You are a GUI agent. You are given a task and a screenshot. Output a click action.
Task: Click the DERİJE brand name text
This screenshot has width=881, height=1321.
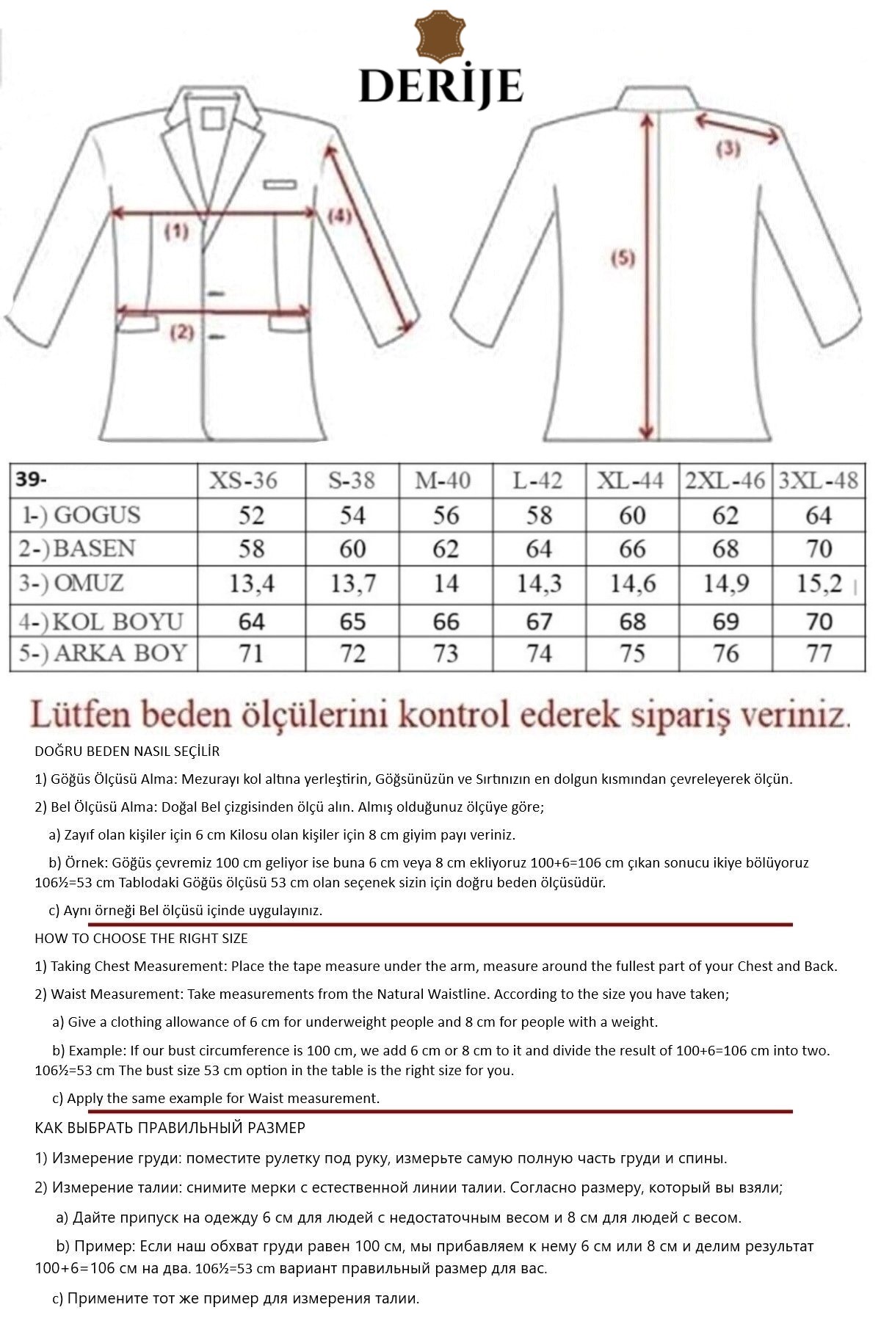click(440, 86)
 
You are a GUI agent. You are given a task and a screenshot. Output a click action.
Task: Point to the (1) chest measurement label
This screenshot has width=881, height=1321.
click(176, 233)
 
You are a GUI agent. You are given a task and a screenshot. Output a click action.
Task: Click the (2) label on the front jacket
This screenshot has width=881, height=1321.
click(182, 332)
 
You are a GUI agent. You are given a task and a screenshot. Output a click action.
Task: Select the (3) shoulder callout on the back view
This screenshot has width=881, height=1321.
click(728, 149)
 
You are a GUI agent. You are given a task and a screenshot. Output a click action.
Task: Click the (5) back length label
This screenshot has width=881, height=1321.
click(623, 258)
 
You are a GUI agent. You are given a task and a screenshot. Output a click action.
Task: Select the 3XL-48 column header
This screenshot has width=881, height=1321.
click(818, 481)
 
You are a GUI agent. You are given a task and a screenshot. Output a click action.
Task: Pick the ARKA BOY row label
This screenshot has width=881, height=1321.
click(103, 653)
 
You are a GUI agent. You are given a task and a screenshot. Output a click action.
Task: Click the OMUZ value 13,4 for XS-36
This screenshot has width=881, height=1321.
click(252, 584)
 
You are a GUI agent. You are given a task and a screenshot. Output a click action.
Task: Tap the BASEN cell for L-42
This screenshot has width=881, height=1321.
click(539, 549)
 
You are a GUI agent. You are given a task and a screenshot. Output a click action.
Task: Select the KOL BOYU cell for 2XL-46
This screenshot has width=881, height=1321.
click(725, 622)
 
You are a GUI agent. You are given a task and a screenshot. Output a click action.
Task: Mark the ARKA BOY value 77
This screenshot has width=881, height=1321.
click(819, 653)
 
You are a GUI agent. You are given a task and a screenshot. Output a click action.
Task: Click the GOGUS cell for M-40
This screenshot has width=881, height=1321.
click(446, 515)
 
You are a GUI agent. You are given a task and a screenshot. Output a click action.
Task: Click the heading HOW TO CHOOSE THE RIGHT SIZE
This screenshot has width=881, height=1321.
click(141, 938)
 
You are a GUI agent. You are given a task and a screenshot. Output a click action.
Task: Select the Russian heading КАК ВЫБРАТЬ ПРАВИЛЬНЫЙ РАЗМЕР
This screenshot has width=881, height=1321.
click(170, 1127)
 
